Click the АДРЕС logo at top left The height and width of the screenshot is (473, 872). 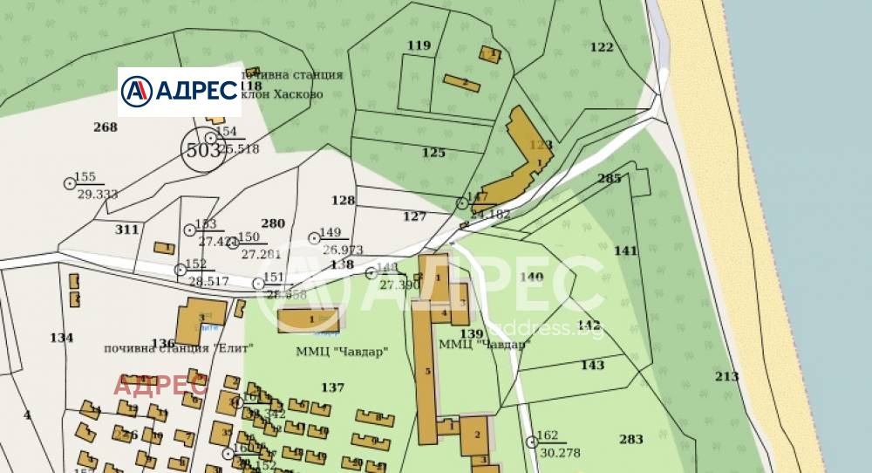179,90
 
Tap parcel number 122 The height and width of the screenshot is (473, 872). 602,47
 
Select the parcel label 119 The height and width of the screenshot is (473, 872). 419,45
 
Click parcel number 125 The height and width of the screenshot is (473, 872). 433,153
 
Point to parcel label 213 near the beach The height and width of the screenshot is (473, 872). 726,376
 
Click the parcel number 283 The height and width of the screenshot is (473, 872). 631,438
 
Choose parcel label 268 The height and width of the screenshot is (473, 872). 105,127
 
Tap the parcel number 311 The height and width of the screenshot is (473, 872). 126,230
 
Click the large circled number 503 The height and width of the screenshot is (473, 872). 203,150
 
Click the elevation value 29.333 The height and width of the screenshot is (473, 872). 97,194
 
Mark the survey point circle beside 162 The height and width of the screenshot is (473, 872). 532,442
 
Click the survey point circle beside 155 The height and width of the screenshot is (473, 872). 70,183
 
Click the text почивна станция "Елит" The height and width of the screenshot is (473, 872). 178,347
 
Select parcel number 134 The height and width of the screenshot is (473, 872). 62,338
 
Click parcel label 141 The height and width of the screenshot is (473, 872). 626,250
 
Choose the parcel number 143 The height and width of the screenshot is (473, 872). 592,365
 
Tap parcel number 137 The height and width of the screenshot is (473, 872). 333,387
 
